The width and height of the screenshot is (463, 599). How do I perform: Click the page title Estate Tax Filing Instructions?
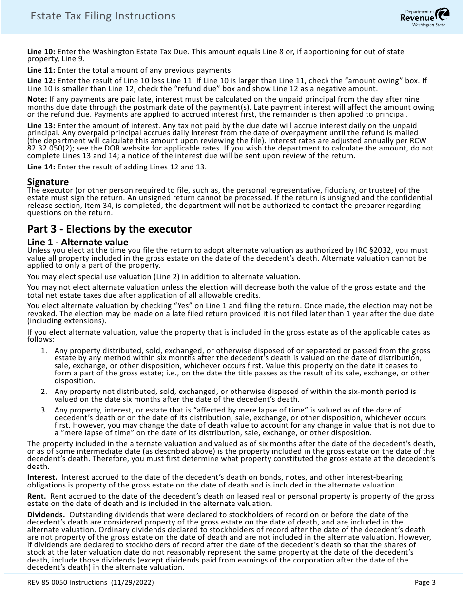pos(103,16)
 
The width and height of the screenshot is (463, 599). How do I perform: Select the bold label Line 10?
pos(41,52)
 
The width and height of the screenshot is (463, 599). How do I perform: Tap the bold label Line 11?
pos(41,70)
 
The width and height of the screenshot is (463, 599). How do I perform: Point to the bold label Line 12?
pos(41,80)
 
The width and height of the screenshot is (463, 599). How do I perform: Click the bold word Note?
pos(37,99)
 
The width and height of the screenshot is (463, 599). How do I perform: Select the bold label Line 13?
pos(41,126)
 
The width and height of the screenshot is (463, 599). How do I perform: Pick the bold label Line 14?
pos(41,167)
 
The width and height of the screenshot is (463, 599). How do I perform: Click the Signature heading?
pos(48,182)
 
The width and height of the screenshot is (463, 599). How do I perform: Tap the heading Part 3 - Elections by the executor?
pos(109,229)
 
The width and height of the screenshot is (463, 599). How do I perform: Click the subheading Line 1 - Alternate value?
pos(77,242)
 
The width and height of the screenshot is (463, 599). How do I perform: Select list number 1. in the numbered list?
pos(44,351)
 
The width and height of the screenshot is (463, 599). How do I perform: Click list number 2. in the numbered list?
pos(44,392)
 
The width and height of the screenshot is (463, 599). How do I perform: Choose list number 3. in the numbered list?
pos(44,410)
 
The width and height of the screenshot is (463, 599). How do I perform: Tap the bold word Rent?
pos(37,496)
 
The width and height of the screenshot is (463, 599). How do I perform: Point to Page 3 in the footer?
pos(425,582)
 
